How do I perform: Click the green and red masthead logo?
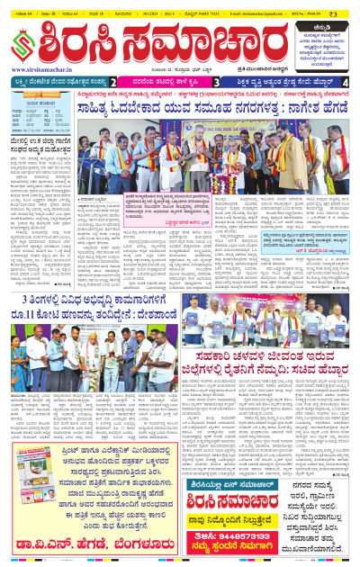[x=24, y=41]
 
